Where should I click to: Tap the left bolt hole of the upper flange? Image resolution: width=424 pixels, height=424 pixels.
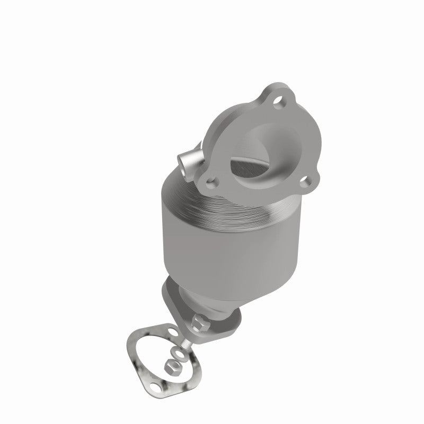click(x=212, y=185)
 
